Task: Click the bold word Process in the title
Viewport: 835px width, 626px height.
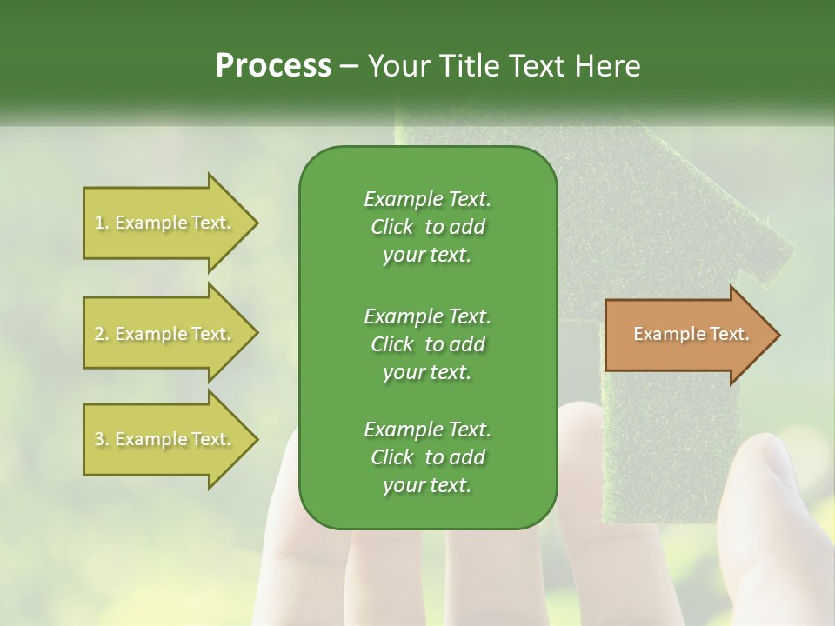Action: [273, 66]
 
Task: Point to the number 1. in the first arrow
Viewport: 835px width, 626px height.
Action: [102, 223]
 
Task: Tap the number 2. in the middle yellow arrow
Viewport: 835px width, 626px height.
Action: [102, 334]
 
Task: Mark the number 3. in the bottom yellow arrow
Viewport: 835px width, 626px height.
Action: [102, 439]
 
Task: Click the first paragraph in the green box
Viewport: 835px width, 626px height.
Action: [427, 227]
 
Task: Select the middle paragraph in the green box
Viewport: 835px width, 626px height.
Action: [427, 343]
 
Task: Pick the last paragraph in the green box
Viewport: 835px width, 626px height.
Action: [427, 457]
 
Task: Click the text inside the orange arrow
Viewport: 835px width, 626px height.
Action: [691, 334]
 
